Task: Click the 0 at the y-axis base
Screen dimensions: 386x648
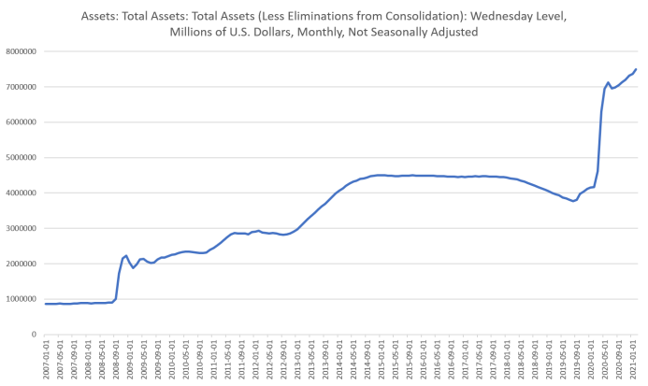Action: point(35,334)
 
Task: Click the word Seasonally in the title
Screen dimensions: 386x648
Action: point(401,34)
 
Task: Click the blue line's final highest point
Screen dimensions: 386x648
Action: point(636,68)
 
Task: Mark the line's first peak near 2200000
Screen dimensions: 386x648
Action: point(125,254)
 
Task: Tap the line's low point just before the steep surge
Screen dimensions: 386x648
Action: point(574,201)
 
